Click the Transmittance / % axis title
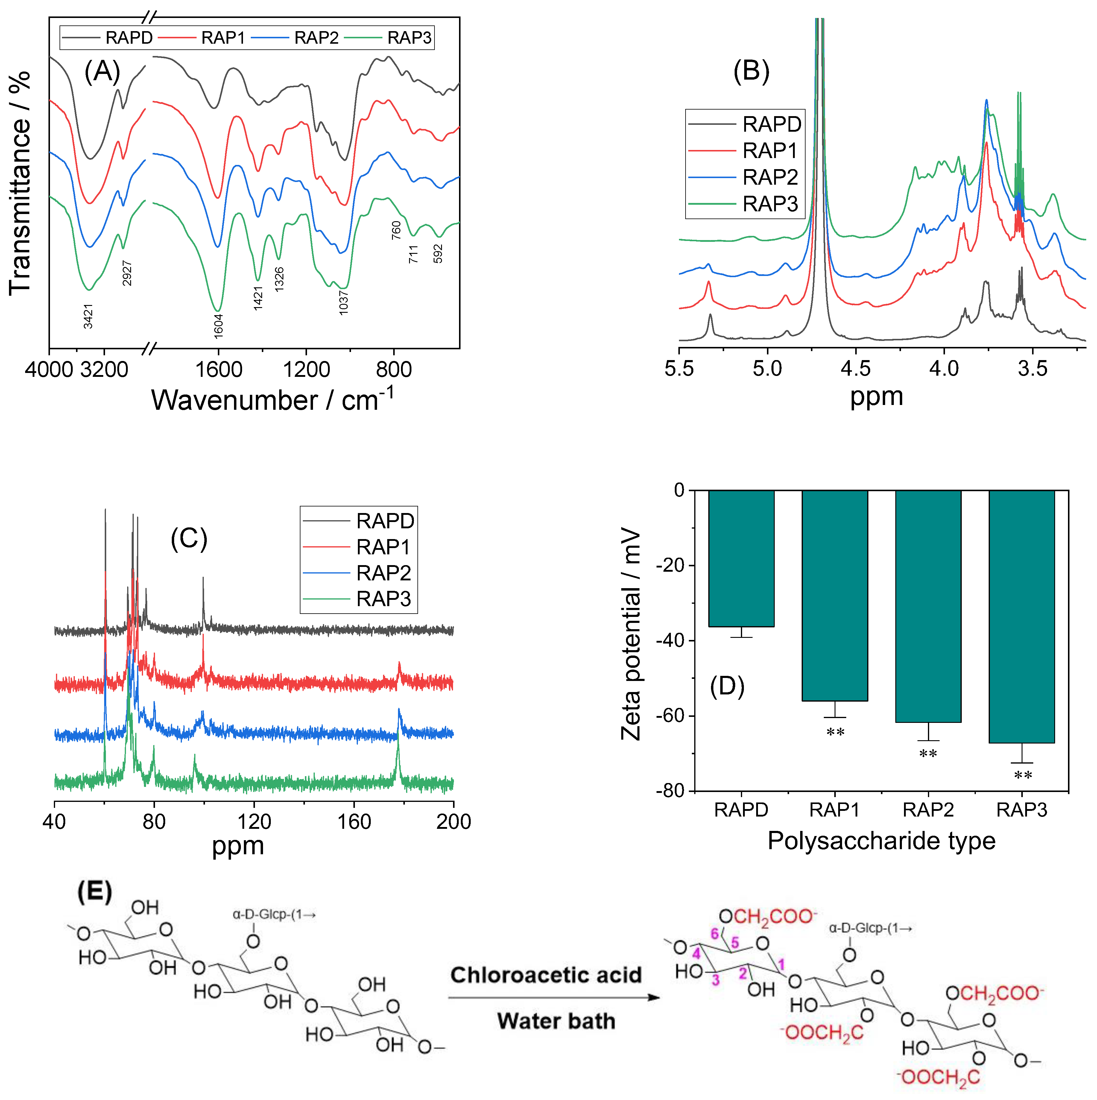pos(20,182)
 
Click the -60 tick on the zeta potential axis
pos(672,716)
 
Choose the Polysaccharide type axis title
pos(881,841)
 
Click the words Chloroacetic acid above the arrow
pos(546,975)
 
